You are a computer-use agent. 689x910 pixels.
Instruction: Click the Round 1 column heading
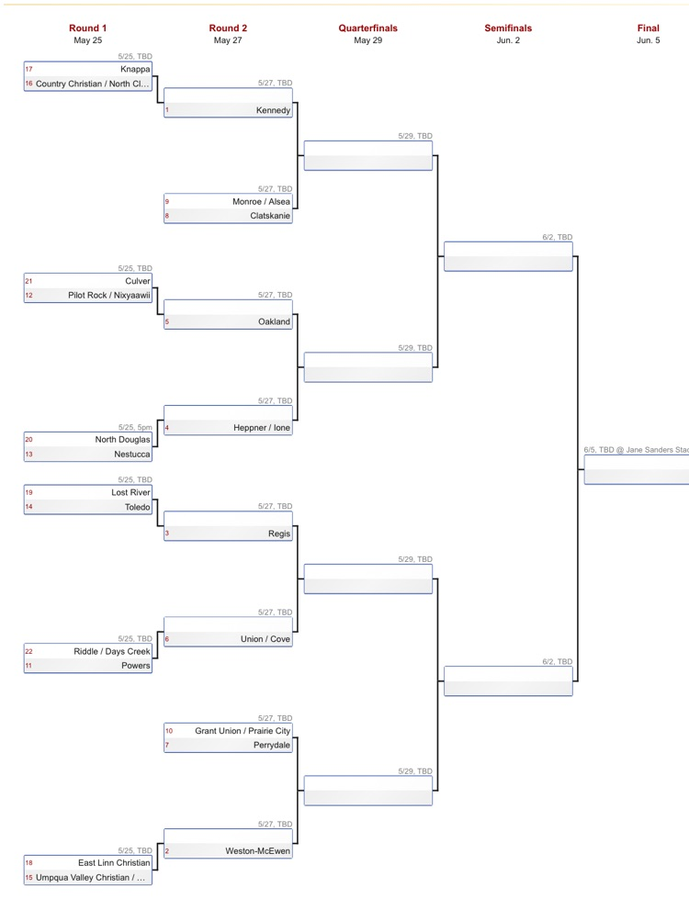click(87, 28)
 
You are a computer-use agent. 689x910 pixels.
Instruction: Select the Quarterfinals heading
click(368, 28)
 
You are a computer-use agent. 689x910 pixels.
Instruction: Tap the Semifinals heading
click(508, 28)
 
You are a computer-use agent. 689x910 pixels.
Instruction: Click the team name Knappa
click(135, 69)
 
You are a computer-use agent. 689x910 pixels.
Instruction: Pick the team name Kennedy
click(273, 110)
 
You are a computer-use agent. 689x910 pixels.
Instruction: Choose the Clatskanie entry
click(270, 216)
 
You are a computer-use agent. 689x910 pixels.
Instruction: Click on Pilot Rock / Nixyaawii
click(109, 296)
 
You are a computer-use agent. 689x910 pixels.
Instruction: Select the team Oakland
click(274, 321)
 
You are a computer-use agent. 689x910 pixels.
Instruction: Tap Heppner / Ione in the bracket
click(262, 428)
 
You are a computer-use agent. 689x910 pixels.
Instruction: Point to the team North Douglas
click(122, 439)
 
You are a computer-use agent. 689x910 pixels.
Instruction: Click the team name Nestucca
click(131, 455)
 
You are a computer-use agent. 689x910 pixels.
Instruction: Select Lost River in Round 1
click(130, 492)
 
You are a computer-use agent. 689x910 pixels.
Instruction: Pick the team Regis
click(279, 534)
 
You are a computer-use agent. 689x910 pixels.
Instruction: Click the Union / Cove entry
click(265, 639)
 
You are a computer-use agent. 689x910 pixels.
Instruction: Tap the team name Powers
click(136, 666)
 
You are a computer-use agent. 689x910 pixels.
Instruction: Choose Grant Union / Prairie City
click(243, 731)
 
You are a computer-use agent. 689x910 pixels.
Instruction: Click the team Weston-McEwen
click(258, 851)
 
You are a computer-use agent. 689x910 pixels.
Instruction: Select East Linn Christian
click(114, 863)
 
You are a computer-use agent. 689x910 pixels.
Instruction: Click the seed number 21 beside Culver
click(28, 281)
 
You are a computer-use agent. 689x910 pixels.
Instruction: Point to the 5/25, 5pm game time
click(135, 427)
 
